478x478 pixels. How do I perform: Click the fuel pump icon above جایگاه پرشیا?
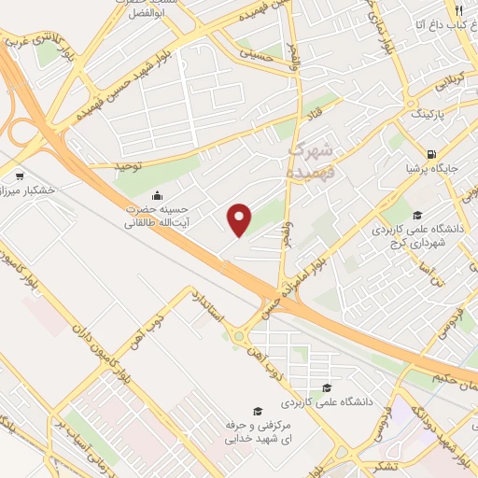(430, 155)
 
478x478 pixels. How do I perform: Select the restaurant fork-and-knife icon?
(458, 11)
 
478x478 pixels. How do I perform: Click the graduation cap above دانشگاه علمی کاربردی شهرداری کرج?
(417, 214)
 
